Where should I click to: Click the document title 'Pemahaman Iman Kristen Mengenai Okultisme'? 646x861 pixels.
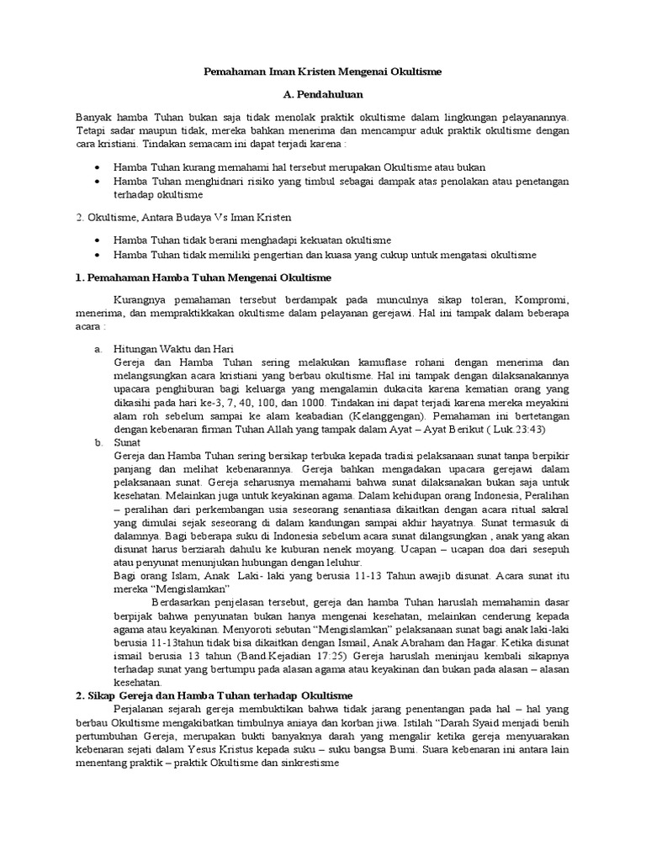tap(323, 73)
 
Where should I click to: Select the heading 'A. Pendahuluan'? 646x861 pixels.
tap(323, 97)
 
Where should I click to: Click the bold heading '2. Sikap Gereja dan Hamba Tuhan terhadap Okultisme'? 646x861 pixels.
tap(214, 696)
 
